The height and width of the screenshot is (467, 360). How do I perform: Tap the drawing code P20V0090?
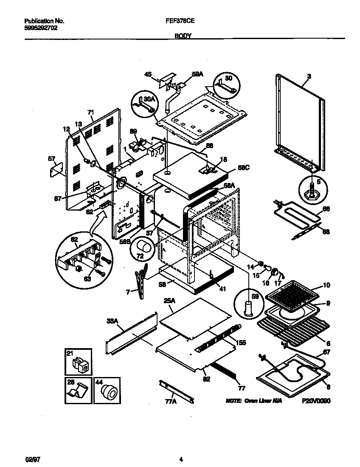tap(316, 401)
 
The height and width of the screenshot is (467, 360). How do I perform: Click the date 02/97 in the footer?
tap(32, 459)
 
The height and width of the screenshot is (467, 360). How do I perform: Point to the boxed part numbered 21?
tap(79, 364)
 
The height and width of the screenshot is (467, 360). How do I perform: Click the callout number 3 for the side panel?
tap(309, 76)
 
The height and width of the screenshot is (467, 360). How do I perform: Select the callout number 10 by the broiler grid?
tap(326, 285)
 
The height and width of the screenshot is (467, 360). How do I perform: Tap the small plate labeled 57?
tap(55, 171)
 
